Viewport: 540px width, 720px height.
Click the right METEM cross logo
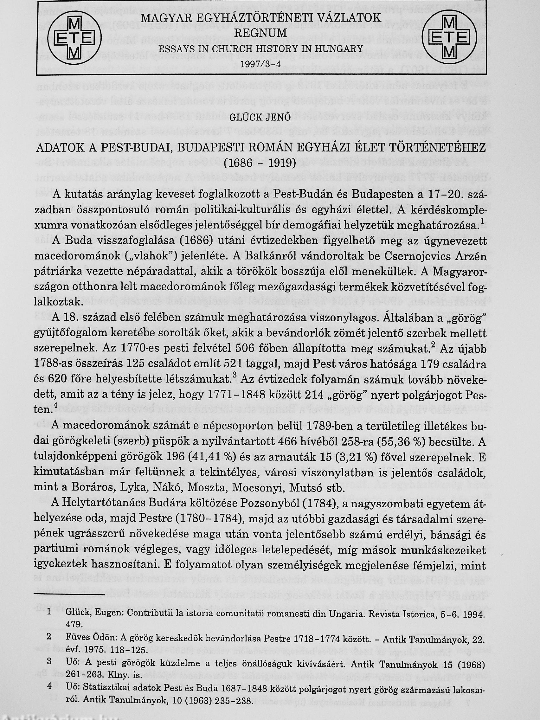(449, 38)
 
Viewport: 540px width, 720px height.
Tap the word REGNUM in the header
(260, 33)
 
